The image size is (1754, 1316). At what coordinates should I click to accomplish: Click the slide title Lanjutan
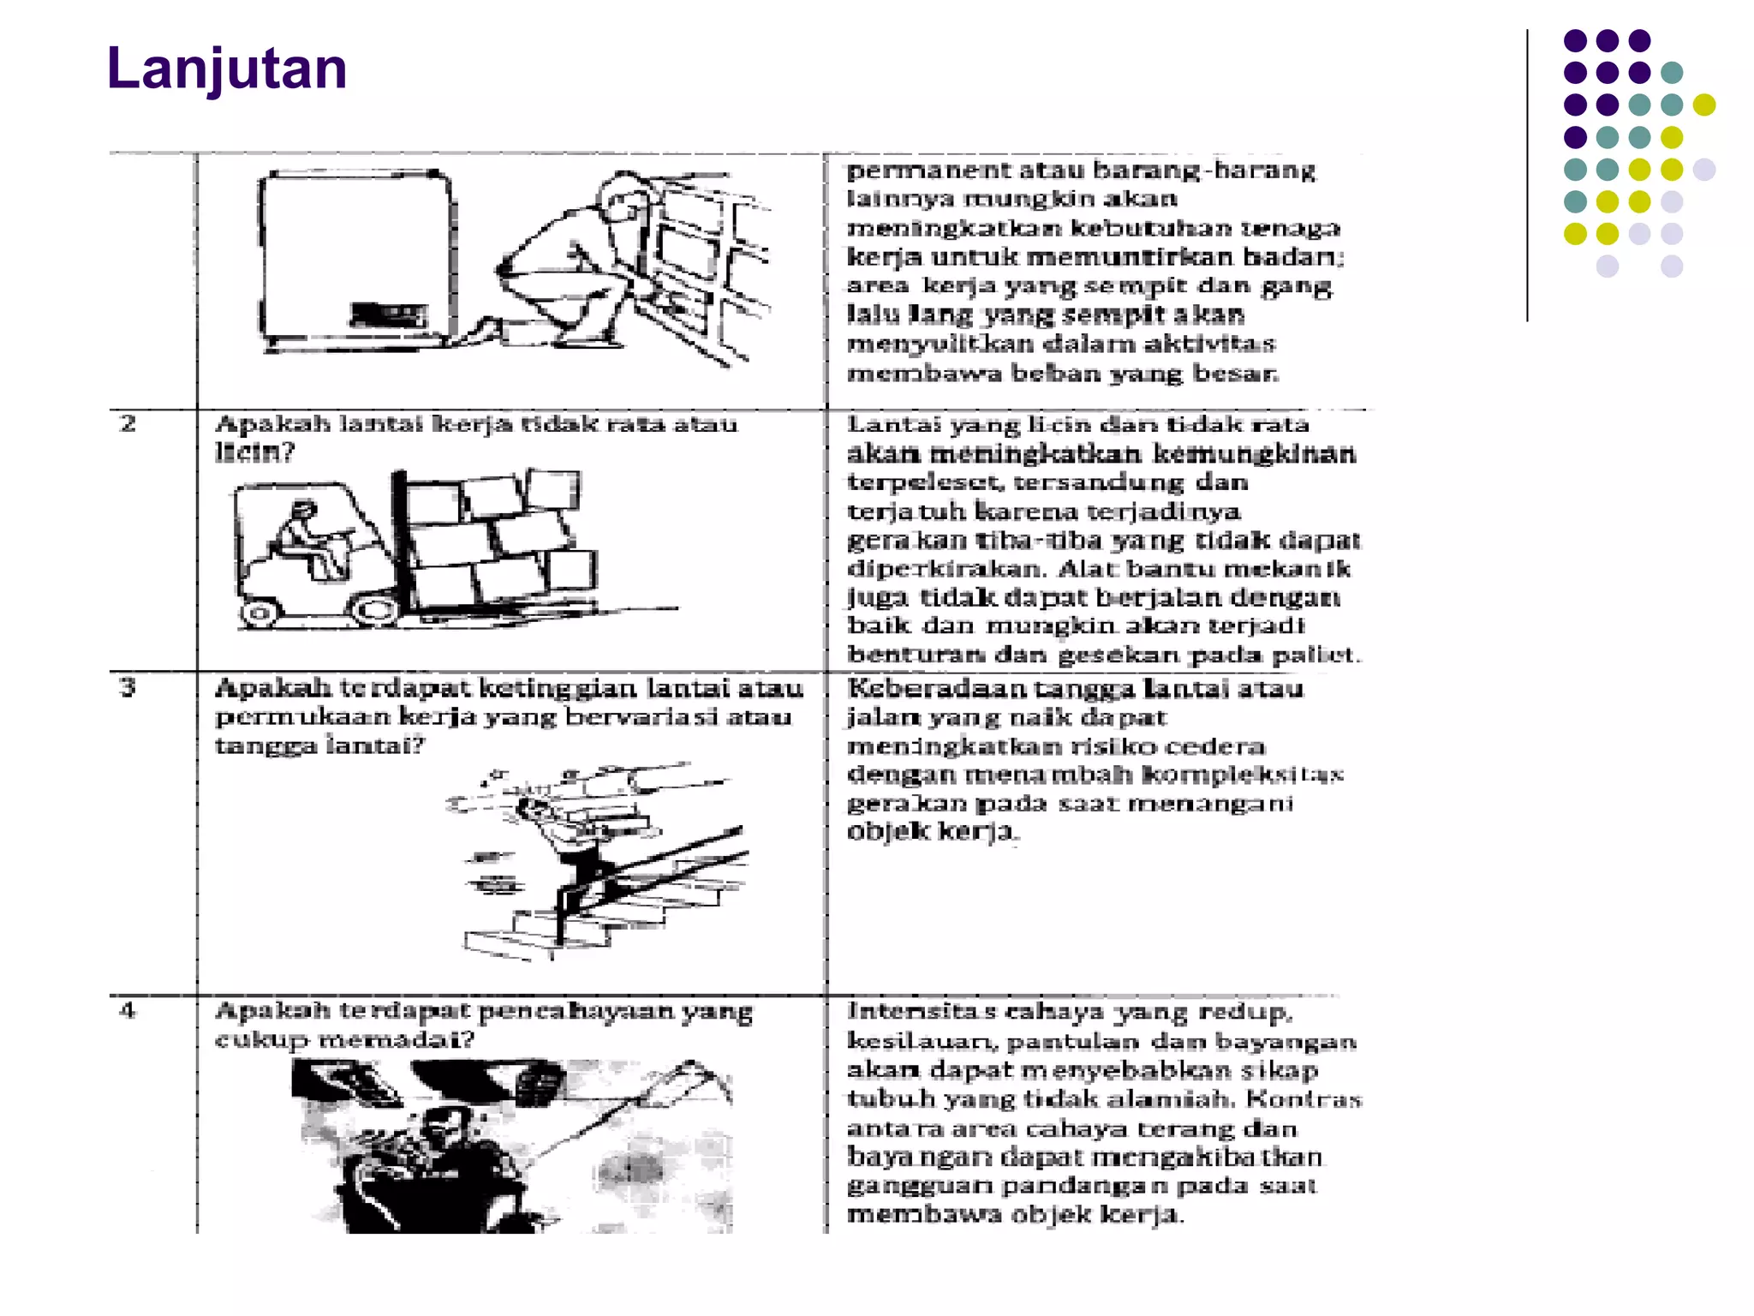tap(227, 69)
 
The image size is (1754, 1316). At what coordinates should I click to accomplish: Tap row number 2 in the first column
tap(128, 423)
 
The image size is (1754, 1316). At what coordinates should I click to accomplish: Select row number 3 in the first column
tap(128, 687)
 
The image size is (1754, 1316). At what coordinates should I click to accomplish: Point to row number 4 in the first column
tap(128, 1010)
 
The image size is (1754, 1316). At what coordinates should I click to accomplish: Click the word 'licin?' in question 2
tap(254, 452)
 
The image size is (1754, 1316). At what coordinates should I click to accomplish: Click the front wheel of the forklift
tap(375, 610)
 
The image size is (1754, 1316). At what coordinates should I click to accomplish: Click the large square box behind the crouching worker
tap(355, 257)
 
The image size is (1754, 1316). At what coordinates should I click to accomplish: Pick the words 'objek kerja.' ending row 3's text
tap(930, 832)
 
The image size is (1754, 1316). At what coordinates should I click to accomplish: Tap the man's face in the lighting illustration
tap(445, 1131)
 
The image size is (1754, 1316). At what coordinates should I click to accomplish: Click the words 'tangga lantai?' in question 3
tap(319, 745)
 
